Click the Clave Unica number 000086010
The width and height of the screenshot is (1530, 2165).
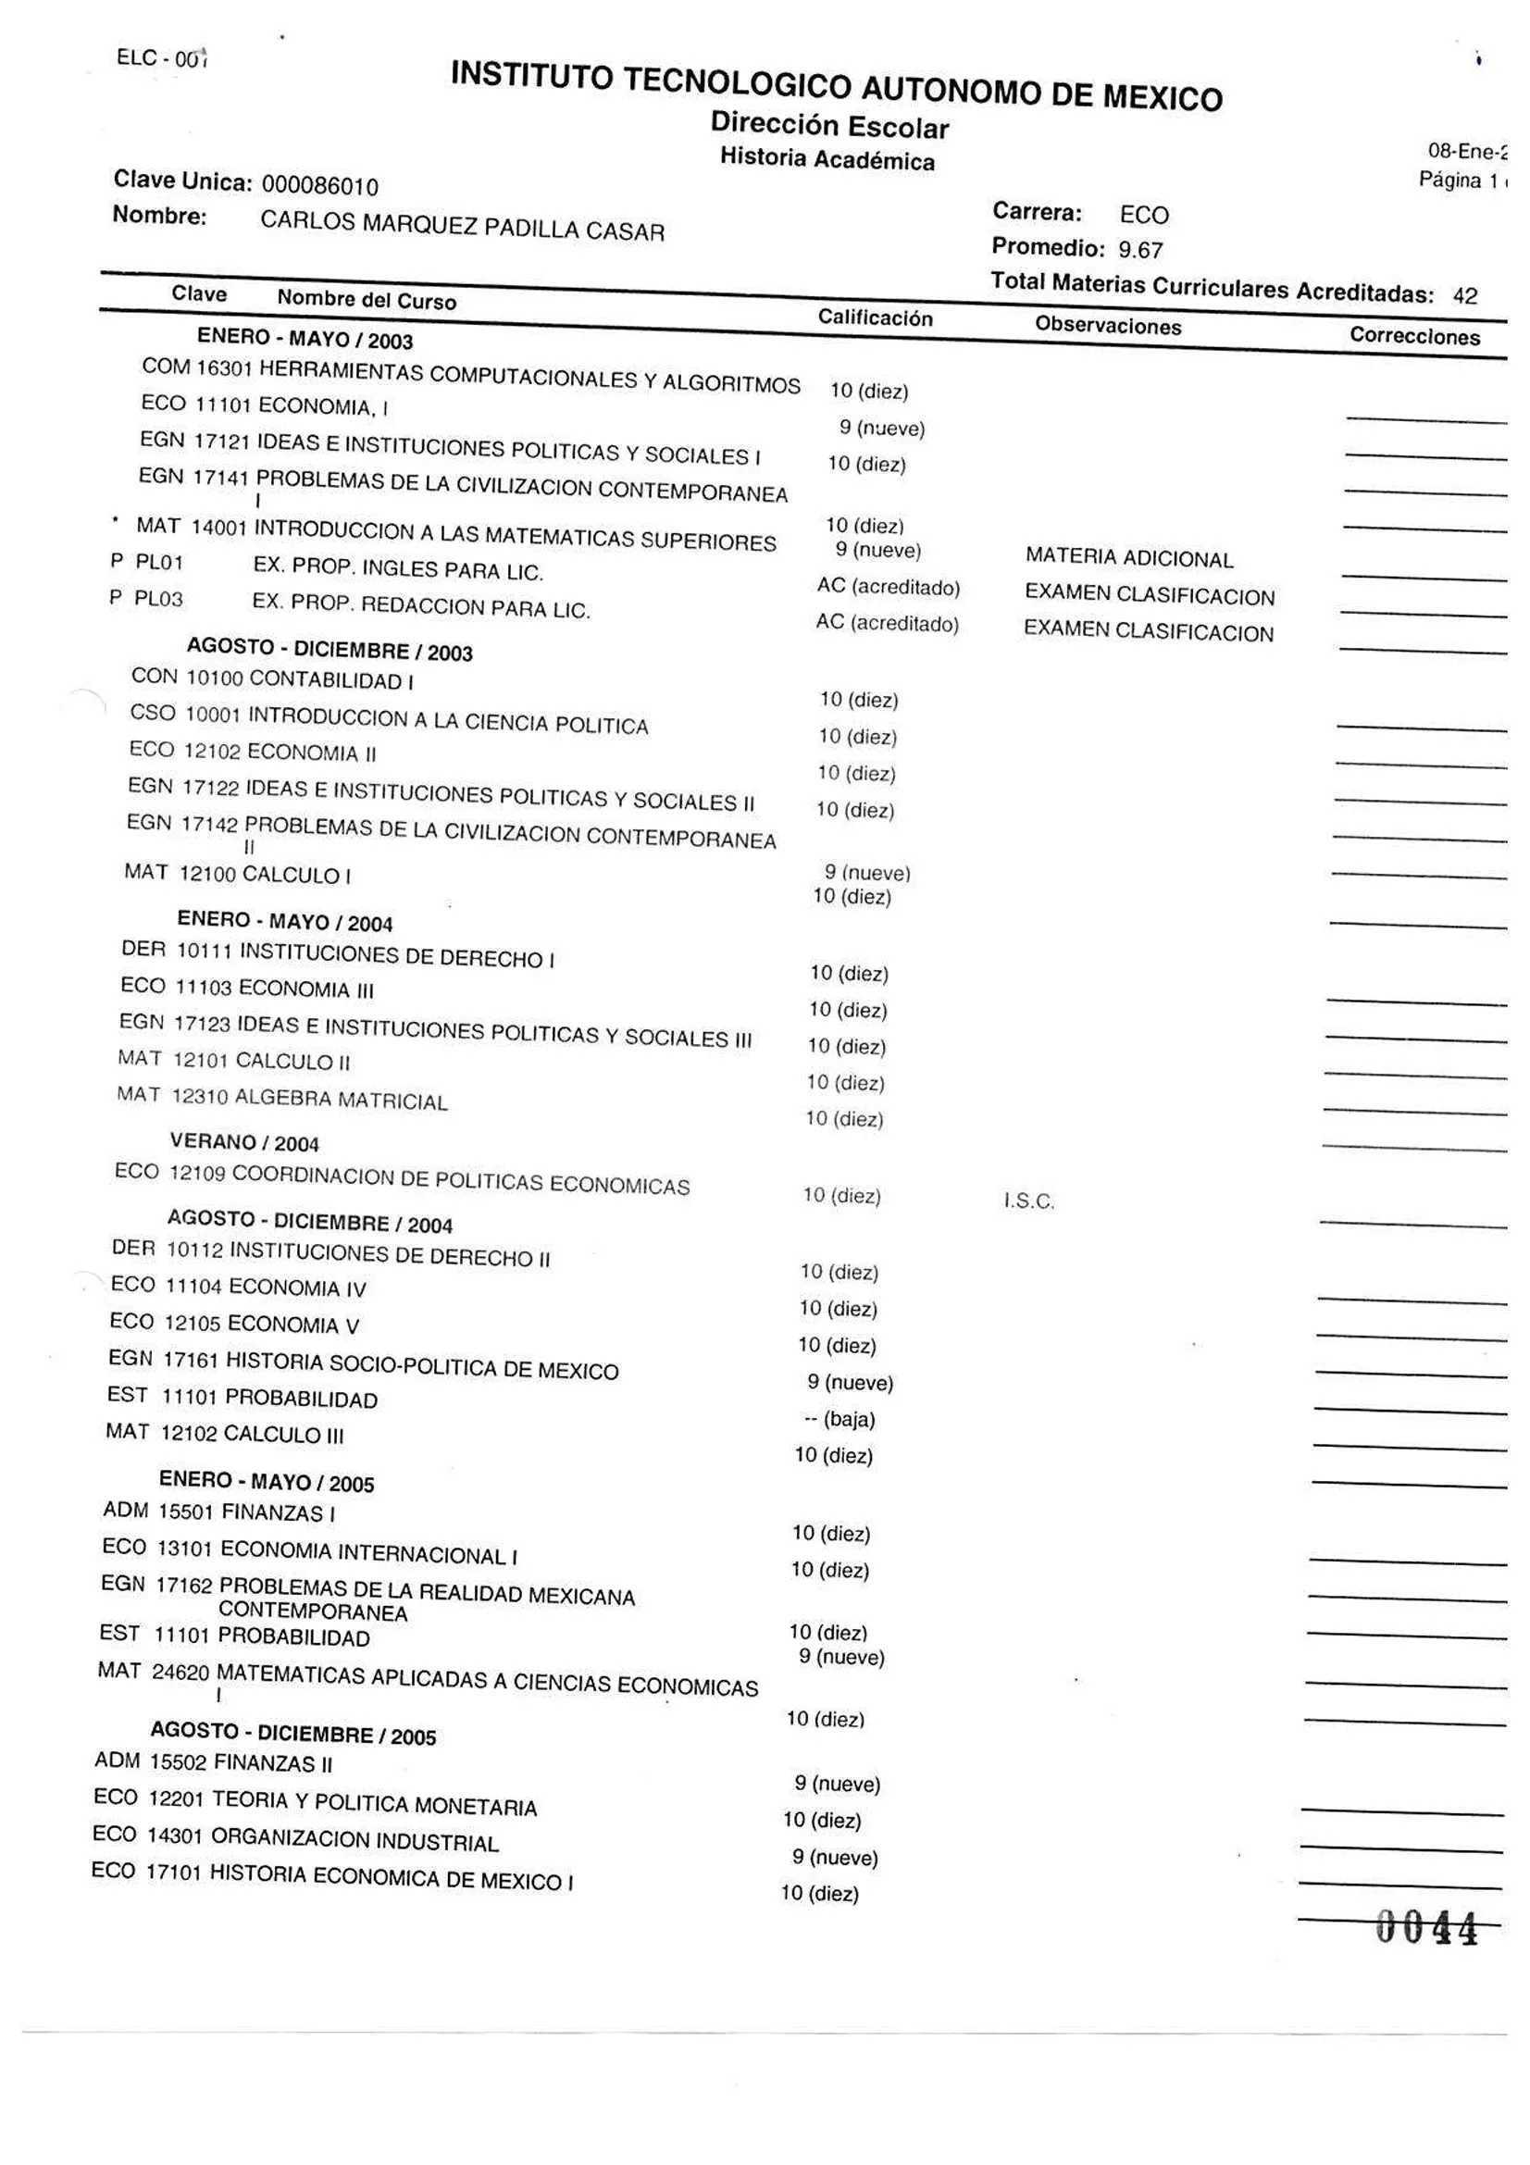pyautogui.click(x=319, y=186)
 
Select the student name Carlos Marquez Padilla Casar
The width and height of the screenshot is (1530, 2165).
pyautogui.click(x=462, y=226)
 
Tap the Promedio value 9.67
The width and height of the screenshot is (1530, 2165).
pyautogui.click(x=1139, y=251)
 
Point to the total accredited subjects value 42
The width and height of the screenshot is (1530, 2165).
pyautogui.click(x=1464, y=296)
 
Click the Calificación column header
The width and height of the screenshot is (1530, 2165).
pyautogui.click(x=875, y=317)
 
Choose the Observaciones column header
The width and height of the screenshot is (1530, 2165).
pyautogui.click(x=1108, y=326)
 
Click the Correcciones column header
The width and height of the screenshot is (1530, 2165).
pyautogui.click(x=1414, y=337)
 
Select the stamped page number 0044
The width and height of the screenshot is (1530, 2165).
pyautogui.click(x=1425, y=1927)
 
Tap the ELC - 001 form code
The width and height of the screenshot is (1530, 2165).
pyautogui.click(x=161, y=58)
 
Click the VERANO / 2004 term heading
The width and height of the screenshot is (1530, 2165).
pyautogui.click(x=244, y=1143)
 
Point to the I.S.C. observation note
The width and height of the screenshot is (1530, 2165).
pyautogui.click(x=1028, y=1201)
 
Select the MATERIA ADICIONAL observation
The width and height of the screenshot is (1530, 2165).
pyautogui.click(x=1129, y=558)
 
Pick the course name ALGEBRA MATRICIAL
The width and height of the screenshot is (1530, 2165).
pyautogui.click(x=341, y=1100)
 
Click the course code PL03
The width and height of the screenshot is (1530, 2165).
pyautogui.click(x=158, y=600)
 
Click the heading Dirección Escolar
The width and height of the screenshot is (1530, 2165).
pyautogui.click(x=829, y=125)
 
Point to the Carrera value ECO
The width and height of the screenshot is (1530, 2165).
pyautogui.click(x=1143, y=216)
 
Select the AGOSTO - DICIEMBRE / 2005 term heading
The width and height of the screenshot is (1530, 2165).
pyautogui.click(x=293, y=1733)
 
